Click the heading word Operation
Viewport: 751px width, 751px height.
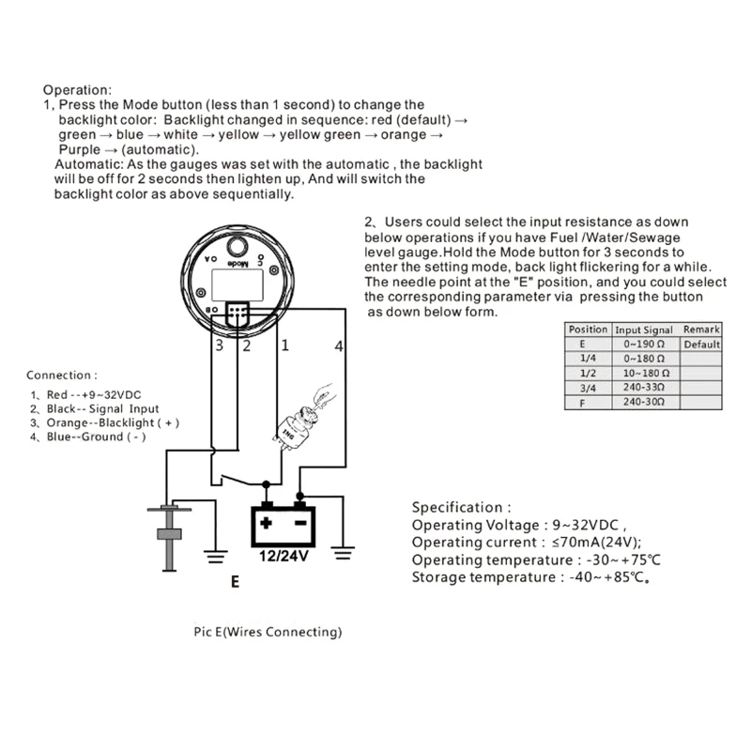[x=77, y=90]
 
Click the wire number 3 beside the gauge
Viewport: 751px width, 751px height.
[x=218, y=346]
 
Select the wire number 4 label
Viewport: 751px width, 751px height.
[x=339, y=346]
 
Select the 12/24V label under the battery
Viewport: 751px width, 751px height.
[x=283, y=555]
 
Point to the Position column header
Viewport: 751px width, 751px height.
[x=588, y=330]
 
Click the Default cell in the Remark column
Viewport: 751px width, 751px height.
[x=700, y=345]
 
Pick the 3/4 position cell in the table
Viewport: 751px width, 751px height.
[x=588, y=387]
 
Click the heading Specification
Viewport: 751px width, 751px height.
[x=462, y=507]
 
